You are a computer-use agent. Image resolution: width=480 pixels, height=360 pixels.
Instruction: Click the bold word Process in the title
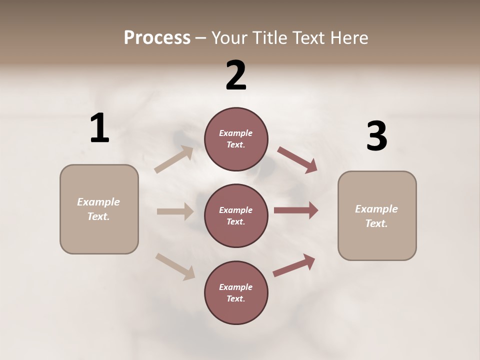[157, 38]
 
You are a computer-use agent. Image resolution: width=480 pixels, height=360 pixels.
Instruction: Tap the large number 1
[99, 128]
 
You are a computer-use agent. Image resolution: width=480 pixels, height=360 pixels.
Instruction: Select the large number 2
[236, 75]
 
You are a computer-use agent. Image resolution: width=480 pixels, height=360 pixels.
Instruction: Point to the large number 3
[376, 136]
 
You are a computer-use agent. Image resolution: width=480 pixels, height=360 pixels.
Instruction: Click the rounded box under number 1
[99, 209]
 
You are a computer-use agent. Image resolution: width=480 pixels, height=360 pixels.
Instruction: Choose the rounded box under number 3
[377, 215]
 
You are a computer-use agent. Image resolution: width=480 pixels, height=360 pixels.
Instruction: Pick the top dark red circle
[236, 139]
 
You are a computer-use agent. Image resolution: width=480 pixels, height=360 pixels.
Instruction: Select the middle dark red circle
[236, 215]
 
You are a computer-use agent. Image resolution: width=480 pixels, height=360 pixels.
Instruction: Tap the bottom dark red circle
[236, 292]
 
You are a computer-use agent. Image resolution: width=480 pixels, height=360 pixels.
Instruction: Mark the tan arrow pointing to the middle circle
[175, 211]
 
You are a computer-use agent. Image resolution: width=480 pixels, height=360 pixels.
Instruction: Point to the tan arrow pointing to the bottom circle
[175, 266]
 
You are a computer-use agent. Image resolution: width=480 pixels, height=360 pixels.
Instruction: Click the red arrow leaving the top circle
[297, 160]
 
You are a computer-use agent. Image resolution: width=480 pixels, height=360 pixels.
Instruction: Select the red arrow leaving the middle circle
[296, 210]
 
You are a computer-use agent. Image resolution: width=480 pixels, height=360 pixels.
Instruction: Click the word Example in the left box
[98, 202]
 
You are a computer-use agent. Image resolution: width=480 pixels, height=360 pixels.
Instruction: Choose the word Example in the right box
[376, 209]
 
